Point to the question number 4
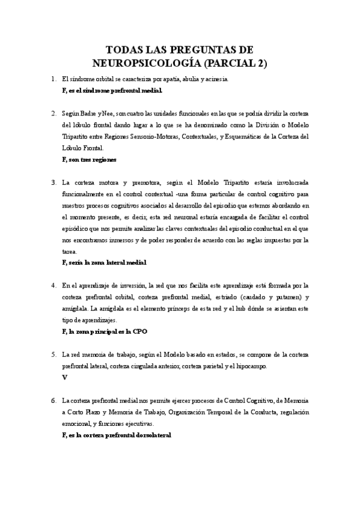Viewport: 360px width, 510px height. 53,285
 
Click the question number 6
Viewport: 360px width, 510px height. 53,400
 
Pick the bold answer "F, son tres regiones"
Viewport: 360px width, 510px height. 89,159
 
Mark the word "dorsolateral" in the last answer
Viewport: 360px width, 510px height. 153,435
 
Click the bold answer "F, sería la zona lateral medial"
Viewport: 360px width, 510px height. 104,263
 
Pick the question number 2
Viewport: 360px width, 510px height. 53,113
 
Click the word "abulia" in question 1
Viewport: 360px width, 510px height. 194,79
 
